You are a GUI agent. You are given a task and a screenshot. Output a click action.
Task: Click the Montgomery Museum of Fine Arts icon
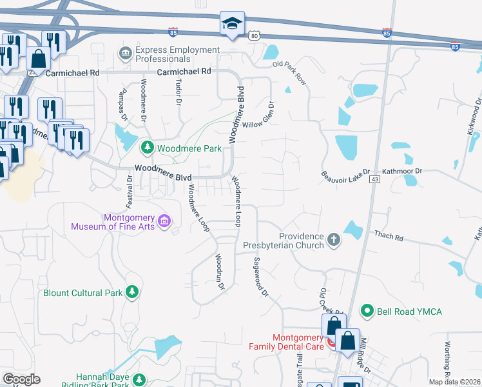(x=165, y=222)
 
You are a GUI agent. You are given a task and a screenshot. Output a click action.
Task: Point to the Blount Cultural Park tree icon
(x=132, y=292)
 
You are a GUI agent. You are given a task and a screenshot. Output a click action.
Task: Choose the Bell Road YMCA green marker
(x=367, y=312)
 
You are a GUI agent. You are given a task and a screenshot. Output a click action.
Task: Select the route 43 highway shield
(x=374, y=181)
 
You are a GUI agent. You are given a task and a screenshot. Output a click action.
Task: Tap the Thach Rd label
(x=390, y=237)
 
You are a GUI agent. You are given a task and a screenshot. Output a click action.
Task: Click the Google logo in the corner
(x=22, y=379)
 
